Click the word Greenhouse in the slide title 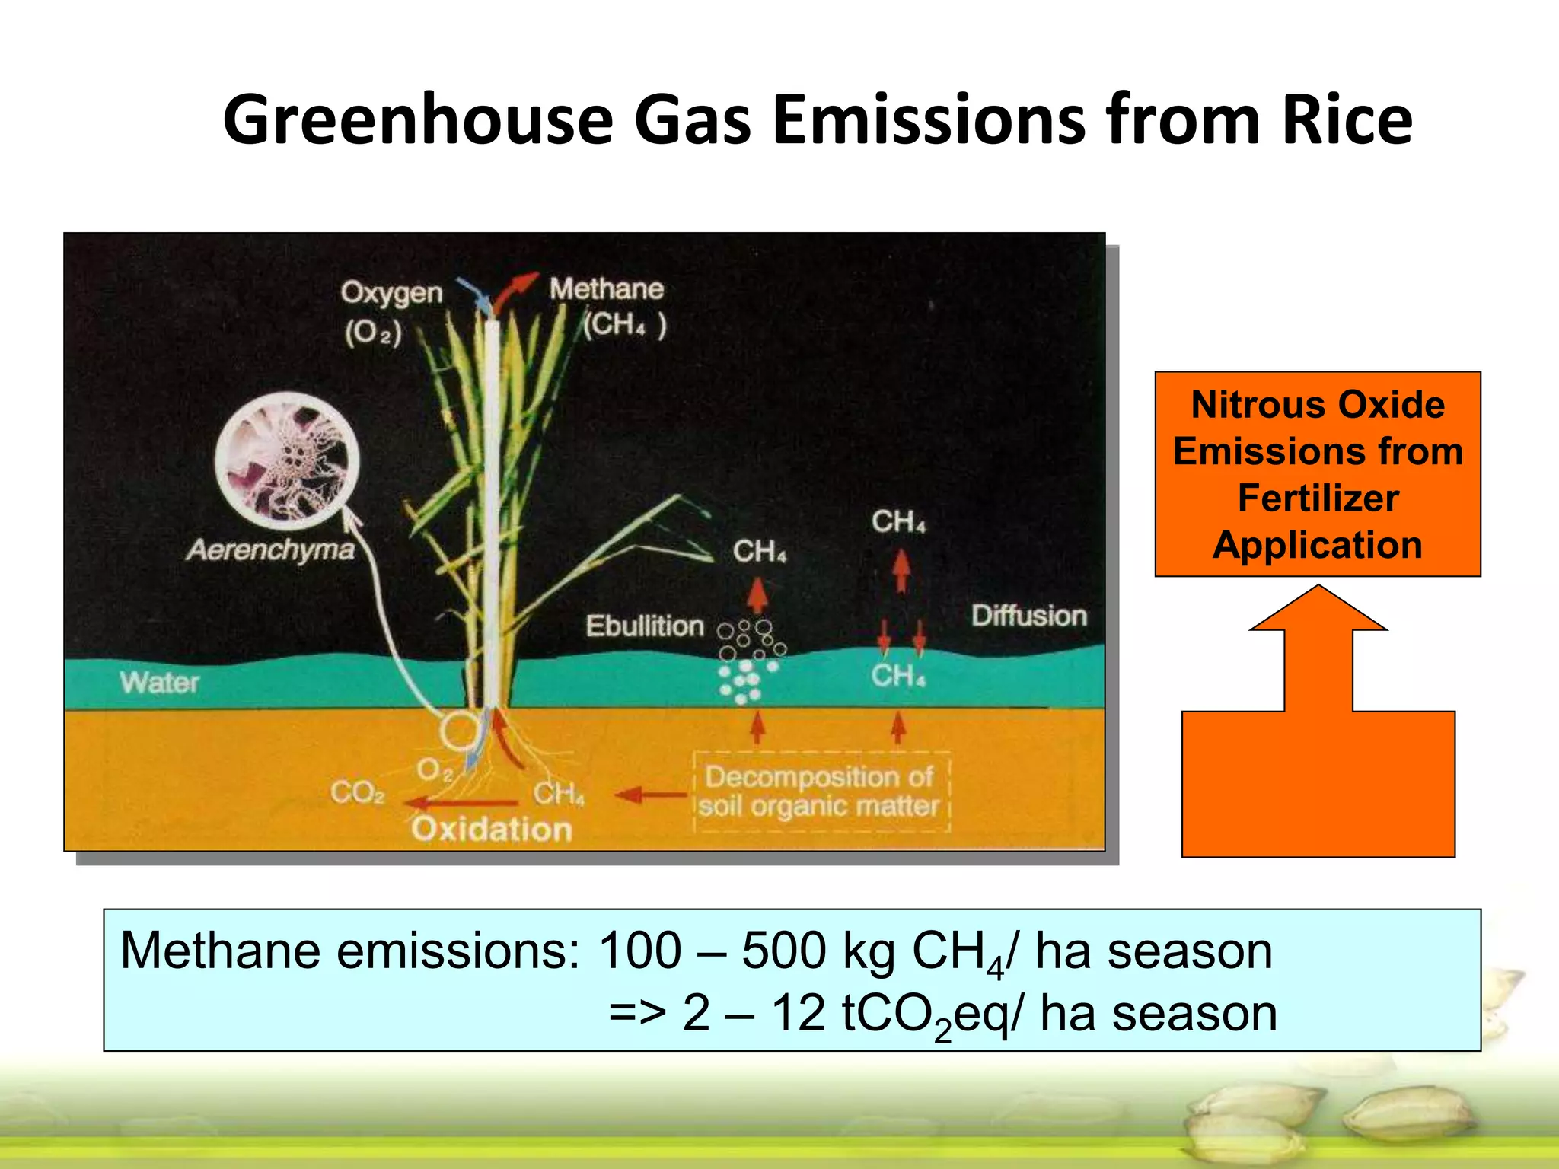coord(418,119)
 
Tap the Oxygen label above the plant coord(391,293)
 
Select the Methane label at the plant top coord(607,289)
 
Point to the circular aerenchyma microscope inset coord(288,460)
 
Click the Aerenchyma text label coord(271,549)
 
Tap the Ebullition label coord(645,626)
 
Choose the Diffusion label coord(1028,616)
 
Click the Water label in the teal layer coord(160,683)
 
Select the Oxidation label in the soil coord(492,829)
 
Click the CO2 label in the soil coord(357,793)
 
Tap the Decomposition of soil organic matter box coord(821,792)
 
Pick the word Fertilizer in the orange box coord(1318,498)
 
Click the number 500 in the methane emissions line coord(783,951)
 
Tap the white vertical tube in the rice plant coord(493,502)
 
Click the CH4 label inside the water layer coord(898,675)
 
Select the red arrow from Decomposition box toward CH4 coord(651,795)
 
